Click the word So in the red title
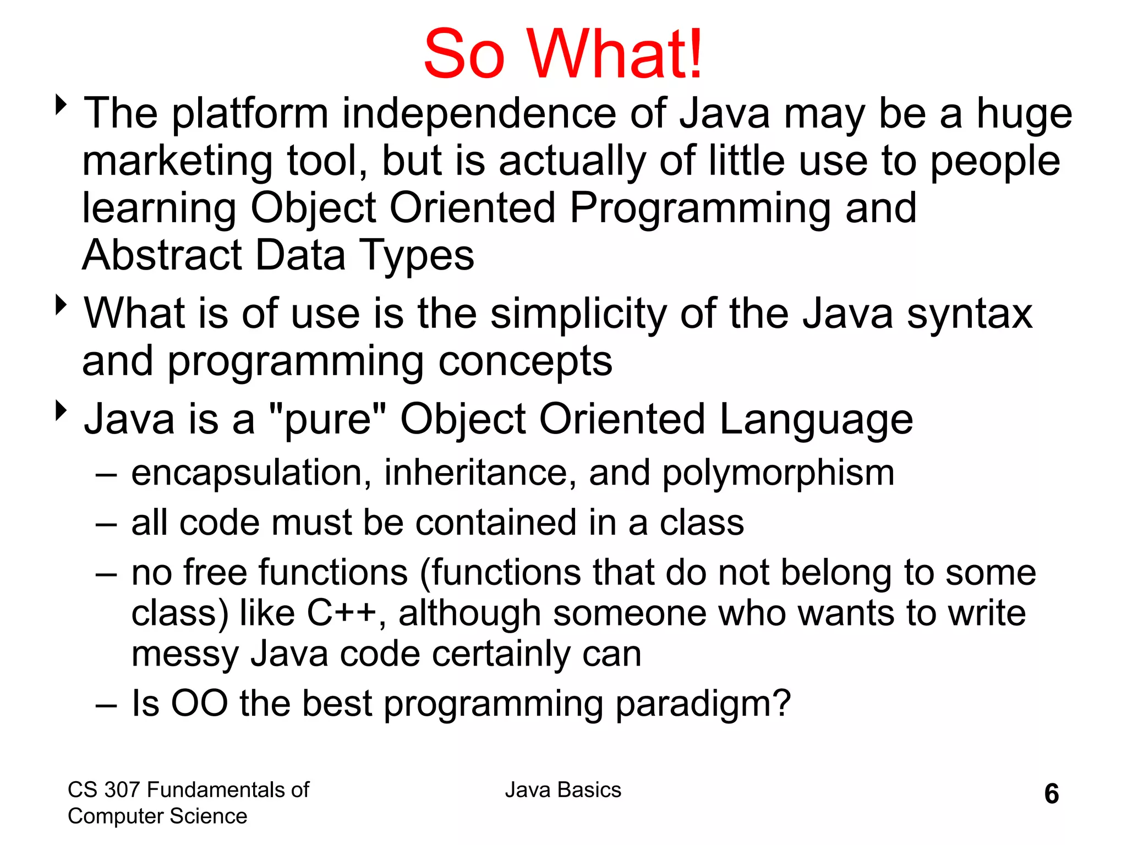tap(464, 54)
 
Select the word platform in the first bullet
tap(250, 114)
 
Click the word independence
tap(479, 114)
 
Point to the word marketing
tap(177, 162)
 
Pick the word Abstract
tap(162, 255)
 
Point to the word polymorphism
tap(778, 473)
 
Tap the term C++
tap(342, 613)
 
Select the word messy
tap(185, 655)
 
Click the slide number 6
tap(1051, 794)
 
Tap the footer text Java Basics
tap(563, 790)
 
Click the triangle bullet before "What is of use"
tap(61, 304)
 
